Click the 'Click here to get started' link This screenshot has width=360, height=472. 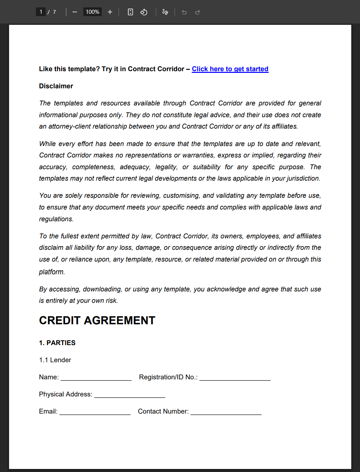pyautogui.click(x=230, y=69)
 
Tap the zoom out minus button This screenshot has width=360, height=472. pyautogui.click(x=75, y=12)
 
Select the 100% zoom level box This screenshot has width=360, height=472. pyautogui.click(x=92, y=12)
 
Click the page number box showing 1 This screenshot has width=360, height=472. pyautogui.click(x=41, y=12)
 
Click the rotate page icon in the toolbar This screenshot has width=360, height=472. pyautogui.click(x=144, y=12)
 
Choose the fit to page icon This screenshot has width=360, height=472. pyautogui.click(x=130, y=12)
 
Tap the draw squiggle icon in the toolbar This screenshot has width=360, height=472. pyautogui.click(x=165, y=12)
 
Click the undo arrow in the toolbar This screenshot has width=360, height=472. pyautogui.click(x=184, y=12)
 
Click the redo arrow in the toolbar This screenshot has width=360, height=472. pyautogui.click(x=197, y=12)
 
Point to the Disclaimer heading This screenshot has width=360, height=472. pyautogui.click(x=56, y=86)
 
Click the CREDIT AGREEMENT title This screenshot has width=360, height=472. pyautogui.click(x=97, y=320)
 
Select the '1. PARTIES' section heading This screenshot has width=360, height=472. pyautogui.click(x=57, y=343)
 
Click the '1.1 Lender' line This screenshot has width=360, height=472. pyautogui.click(x=55, y=360)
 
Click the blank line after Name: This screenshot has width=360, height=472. pyautogui.click(x=96, y=378)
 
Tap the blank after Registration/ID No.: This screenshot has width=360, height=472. pyautogui.click(x=235, y=378)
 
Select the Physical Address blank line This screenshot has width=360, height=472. pyautogui.click(x=130, y=395)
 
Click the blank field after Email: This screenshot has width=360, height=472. pyautogui.click(x=95, y=412)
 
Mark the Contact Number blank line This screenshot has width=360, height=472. pyautogui.click(x=226, y=412)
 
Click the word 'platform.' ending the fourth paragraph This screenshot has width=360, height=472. pyautogui.click(x=52, y=272)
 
